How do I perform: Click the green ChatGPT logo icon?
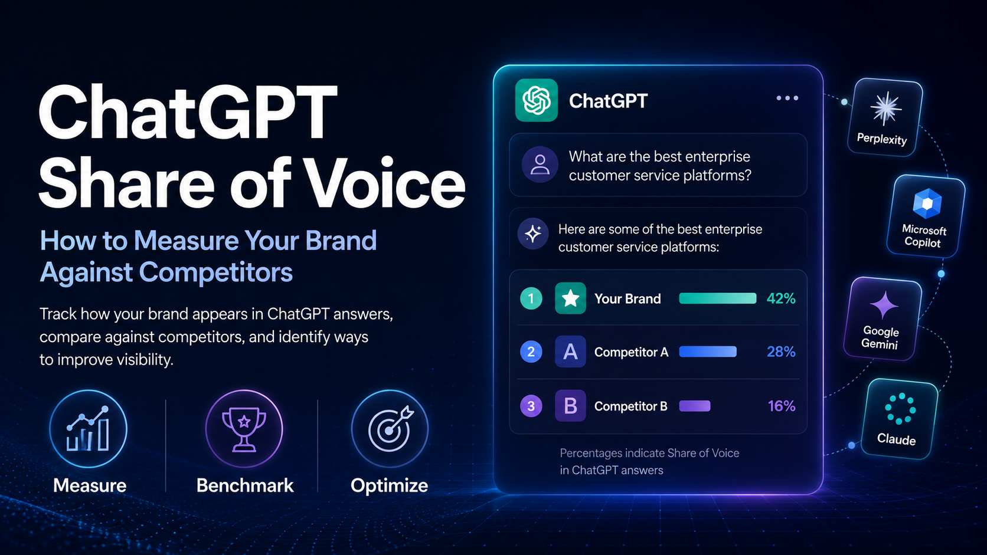coord(536,100)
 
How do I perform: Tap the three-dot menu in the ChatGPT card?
coord(787,98)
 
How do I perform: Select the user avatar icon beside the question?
coord(540,165)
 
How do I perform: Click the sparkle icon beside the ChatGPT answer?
coord(533,234)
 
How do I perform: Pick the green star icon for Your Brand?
coord(570,298)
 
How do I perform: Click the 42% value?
coord(781,298)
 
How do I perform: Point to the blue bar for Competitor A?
coord(708,352)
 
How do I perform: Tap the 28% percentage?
coord(781,352)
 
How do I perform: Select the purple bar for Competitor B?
coord(695,406)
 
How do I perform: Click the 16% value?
coord(781,406)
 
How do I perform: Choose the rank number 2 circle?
coord(531,352)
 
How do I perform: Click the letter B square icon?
coord(570,406)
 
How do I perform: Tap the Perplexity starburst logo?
coord(885,109)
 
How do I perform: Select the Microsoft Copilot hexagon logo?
coord(927,203)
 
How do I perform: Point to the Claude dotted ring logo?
coord(900,409)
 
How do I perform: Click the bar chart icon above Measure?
coord(88,429)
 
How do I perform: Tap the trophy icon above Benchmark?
coord(244,429)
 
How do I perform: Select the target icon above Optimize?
coord(390,429)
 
